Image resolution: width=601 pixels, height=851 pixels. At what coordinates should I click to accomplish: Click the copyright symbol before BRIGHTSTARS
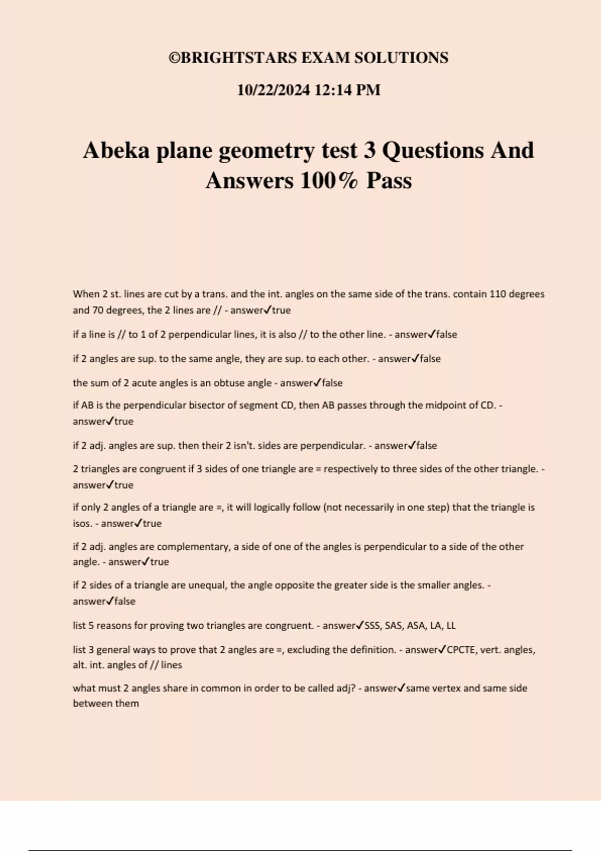click(x=174, y=58)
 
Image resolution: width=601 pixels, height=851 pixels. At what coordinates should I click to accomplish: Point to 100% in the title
click(x=329, y=181)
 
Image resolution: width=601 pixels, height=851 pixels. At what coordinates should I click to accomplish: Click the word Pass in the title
click(x=389, y=181)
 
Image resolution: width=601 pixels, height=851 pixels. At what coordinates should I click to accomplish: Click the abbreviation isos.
click(x=82, y=524)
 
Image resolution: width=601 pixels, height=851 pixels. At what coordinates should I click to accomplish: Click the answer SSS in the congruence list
click(x=372, y=626)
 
